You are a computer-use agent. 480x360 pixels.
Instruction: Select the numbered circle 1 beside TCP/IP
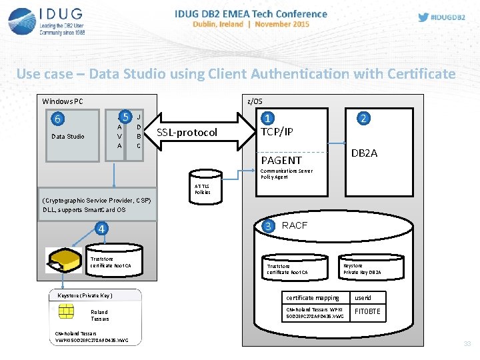click(268, 118)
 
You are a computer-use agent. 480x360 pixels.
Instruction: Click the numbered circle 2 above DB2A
click(363, 118)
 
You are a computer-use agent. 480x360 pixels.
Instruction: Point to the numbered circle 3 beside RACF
click(268, 225)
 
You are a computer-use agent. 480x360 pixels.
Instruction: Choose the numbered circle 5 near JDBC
click(124, 115)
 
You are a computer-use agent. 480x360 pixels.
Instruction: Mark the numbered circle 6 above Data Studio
click(59, 119)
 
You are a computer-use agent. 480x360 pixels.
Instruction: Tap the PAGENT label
click(281, 160)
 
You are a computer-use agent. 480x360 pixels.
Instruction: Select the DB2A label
click(364, 153)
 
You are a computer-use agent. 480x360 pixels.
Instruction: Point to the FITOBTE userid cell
click(367, 311)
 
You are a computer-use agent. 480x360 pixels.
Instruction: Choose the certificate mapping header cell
click(313, 297)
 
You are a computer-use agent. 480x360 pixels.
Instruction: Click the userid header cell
click(363, 297)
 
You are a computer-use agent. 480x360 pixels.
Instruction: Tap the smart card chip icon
click(66, 311)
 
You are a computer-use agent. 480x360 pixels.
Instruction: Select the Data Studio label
click(68, 137)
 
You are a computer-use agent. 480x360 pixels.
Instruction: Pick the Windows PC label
click(63, 101)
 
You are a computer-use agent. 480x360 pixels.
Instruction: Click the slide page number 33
click(467, 344)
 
